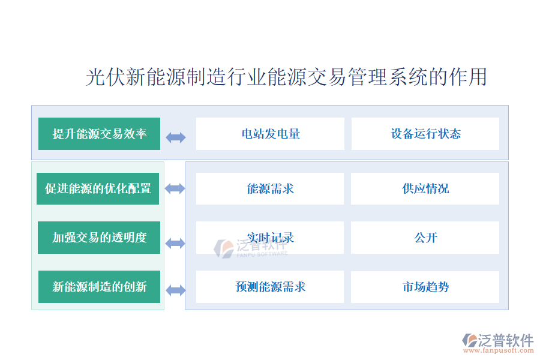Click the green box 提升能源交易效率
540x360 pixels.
pyautogui.click(x=99, y=134)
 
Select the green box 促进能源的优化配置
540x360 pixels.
pyautogui.click(x=98, y=188)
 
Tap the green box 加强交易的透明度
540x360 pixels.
pyautogui.click(x=99, y=238)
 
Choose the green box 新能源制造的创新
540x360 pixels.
pyautogui.click(x=99, y=287)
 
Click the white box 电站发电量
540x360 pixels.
pyautogui.click(x=270, y=134)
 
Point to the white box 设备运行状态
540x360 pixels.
pyautogui.click(x=425, y=134)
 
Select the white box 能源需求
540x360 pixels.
pyautogui.click(x=270, y=188)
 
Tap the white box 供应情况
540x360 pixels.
pyautogui.click(x=425, y=188)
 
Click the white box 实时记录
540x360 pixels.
pyautogui.click(x=270, y=238)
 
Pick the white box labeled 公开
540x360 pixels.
pyautogui.click(x=425, y=238)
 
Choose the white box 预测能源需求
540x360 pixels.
pyautogui.click(x=270, y=287)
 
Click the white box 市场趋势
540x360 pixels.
pyautogui.click(x=425, y=287)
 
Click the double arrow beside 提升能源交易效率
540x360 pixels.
pyautogui.click(x=176, y=138)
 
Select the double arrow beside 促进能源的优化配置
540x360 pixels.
pyautogui.click(x=175, y=188)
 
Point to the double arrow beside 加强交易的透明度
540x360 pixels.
pyautogui.click(x=175, y=243)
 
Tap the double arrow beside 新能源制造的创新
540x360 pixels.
pyautogui.click(x=176, y=290)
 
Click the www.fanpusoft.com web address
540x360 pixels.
pyautogui.click(x=499, y=350)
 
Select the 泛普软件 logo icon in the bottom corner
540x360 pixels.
pyautogui.click(x=469, y=340)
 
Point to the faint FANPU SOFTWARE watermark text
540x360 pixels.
pyautogui.click(x=262, y=254)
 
